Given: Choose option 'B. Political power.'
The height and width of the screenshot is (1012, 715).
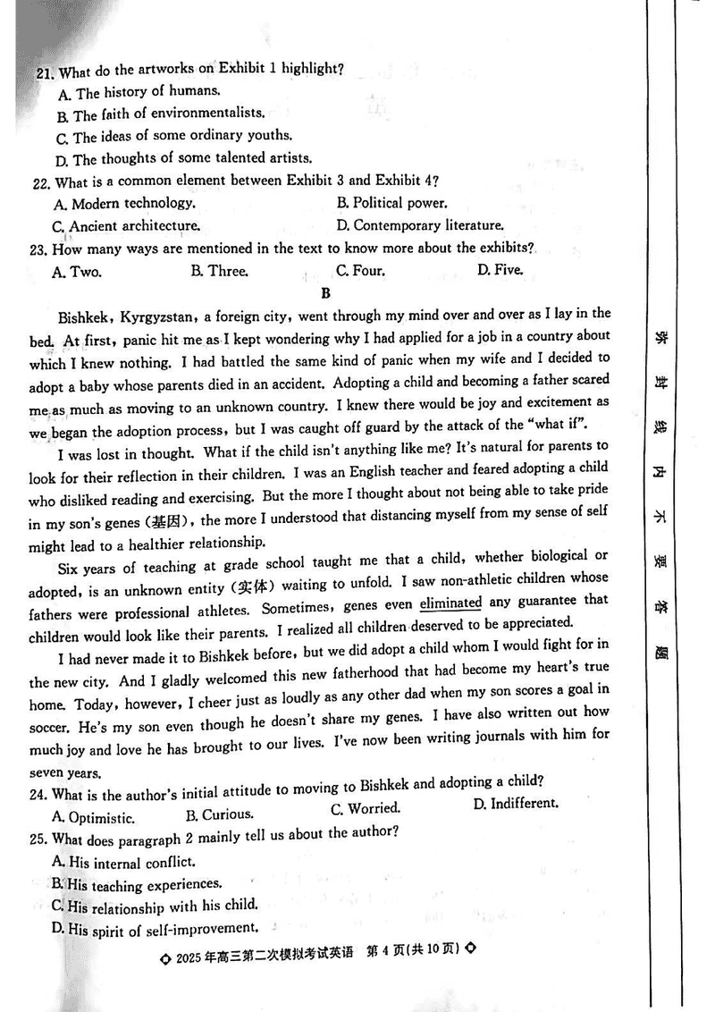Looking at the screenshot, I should [391, 203].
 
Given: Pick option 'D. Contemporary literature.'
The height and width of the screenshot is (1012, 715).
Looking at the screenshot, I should [420, 225].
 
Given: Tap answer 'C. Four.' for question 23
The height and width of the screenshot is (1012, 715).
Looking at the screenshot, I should [360, 270].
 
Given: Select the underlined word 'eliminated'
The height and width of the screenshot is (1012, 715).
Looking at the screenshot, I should [450, 603].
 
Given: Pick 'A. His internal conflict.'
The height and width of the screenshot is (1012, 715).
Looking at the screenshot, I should [123, 863].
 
